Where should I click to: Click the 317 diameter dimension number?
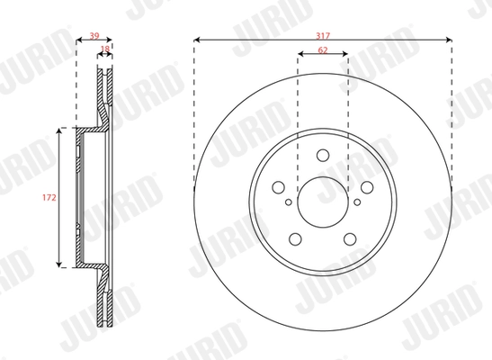point(322,33)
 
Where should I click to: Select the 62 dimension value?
point(322,49)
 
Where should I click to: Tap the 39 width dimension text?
point(94,36)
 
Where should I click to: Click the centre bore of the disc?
point(322,197)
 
